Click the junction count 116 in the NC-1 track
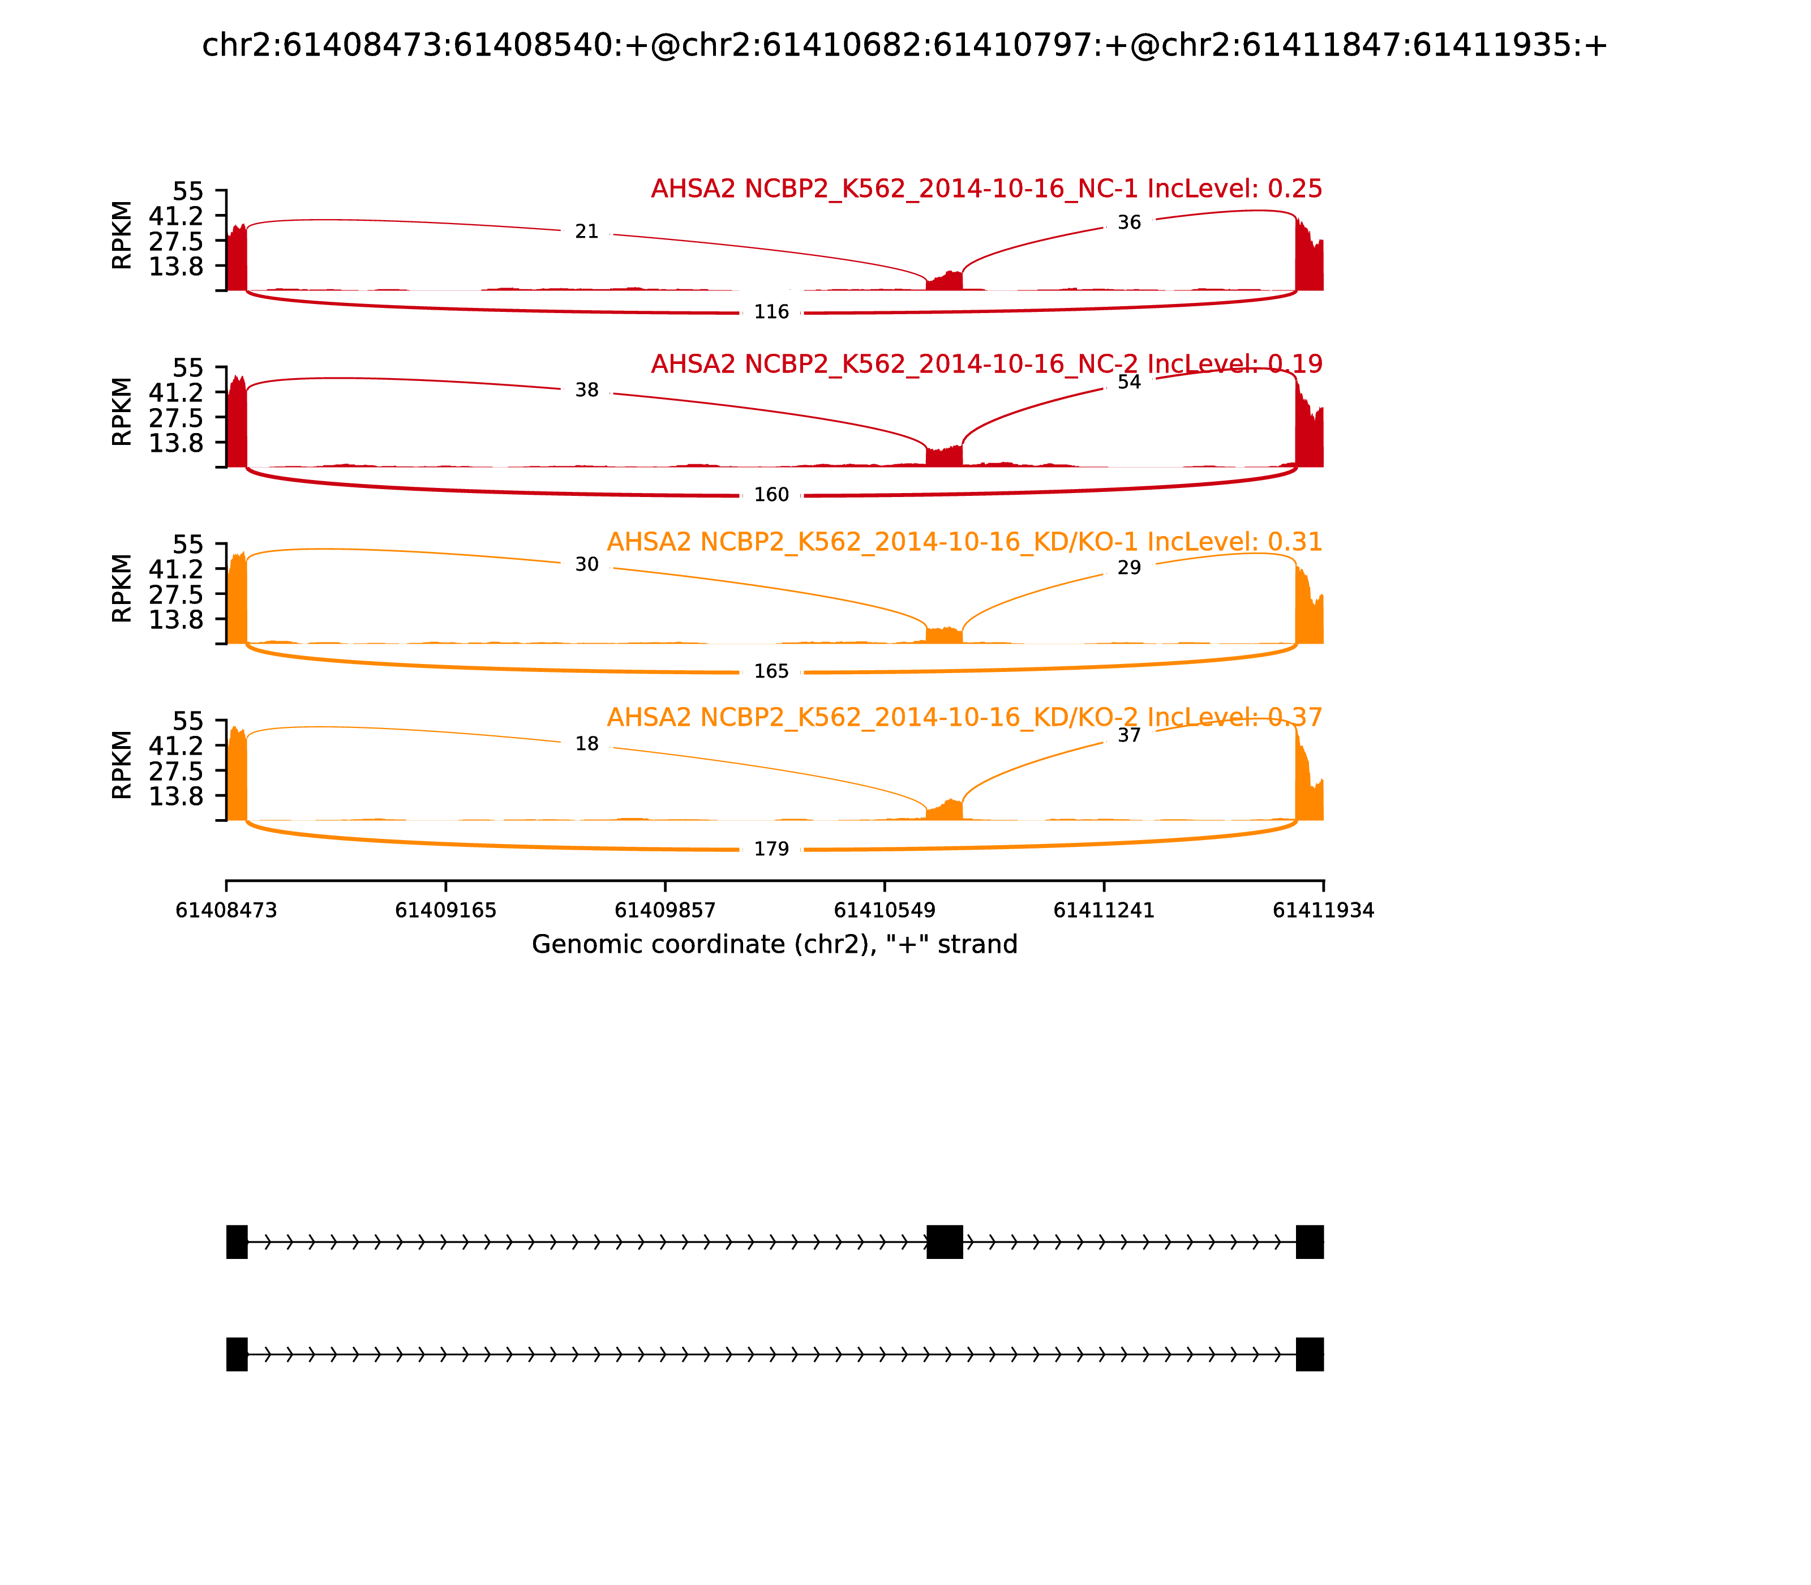[x=771, y=312]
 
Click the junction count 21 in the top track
[x=586, y=232]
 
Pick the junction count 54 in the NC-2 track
[x=1129, y=382]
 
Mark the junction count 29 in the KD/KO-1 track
[x=1129, y=568]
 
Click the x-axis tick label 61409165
[x=446, y=911]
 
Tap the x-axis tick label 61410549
[x=884, y=911]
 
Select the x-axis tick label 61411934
[x=1323, y=911]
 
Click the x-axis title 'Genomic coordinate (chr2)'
[x=775, y=945]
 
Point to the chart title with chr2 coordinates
[x=904, y=46]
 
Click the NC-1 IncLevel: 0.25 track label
[x=986, y=189]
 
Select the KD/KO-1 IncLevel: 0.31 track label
[x=964, y=542]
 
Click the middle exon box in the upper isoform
[x=945, y=1242]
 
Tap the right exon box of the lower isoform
[x=1310, y=1354]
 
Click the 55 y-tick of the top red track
[x=187, y=192]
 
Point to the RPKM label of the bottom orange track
[x=122, y=765]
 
